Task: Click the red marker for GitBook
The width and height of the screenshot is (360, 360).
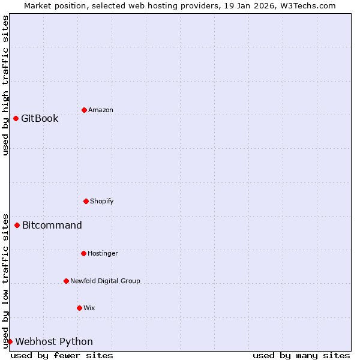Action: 16,118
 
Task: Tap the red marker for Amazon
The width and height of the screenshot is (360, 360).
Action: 84,110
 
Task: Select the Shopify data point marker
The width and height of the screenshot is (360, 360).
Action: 86,201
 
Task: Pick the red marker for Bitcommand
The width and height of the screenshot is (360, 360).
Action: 17,225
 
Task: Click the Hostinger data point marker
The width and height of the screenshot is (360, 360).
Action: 83,253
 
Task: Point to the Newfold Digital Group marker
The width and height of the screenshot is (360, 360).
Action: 66,281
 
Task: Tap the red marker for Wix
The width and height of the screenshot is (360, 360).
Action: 79,308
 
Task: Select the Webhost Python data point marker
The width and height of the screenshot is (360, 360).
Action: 10,341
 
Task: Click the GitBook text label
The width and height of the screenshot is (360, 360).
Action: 40,118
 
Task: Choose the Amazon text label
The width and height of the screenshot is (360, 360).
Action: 101,110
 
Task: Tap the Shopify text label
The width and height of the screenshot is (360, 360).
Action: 102,201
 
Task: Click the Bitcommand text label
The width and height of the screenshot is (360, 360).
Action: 52,225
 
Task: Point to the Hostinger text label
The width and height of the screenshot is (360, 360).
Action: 103,253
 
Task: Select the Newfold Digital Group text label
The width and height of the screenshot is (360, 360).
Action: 105,281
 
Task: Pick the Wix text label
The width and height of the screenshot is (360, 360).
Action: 89,308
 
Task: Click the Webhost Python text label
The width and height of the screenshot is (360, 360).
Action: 54,341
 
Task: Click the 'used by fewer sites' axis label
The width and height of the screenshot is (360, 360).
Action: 62,355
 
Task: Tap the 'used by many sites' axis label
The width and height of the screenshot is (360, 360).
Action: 301,355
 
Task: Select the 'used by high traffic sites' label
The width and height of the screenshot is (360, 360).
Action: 5,85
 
